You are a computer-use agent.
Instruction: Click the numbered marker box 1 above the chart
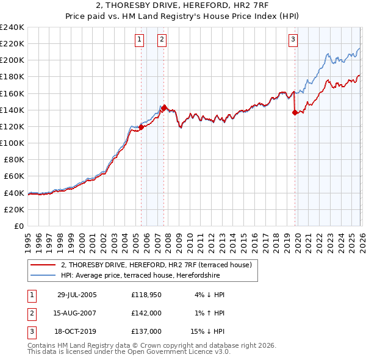click(x=140, y=40)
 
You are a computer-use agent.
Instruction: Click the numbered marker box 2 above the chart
click(x=162, y=40)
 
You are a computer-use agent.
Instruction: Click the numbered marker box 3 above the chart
click(x=293, y=40)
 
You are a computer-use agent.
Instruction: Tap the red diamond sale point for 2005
click(x=141, y=128)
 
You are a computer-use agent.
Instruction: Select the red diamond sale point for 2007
click(x=163, y=108)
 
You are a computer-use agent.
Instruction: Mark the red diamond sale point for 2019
click(x=295, y=112)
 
